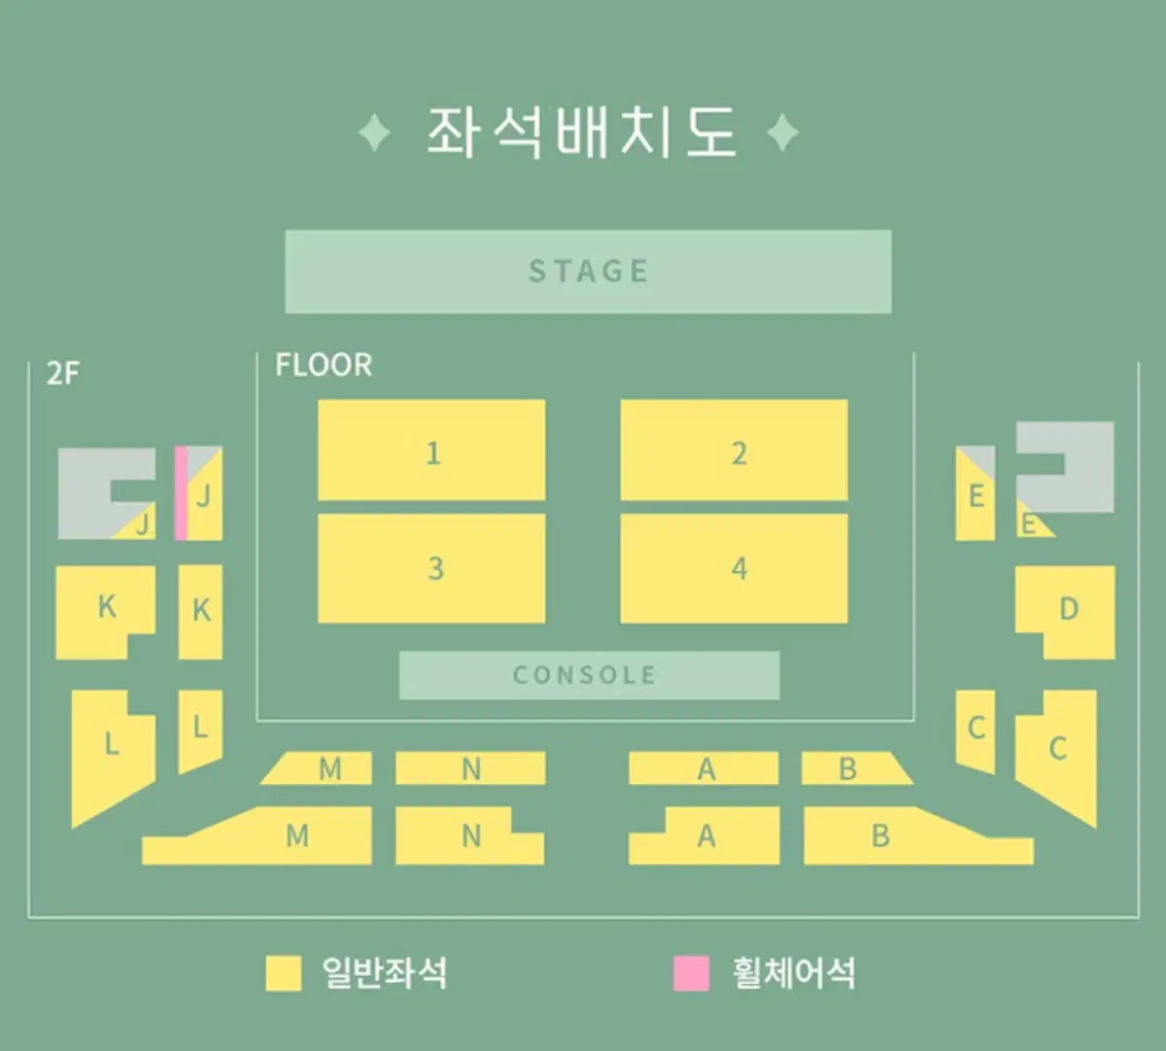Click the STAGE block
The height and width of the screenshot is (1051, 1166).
click(588, 271)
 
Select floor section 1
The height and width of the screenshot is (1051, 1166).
click(431, 450)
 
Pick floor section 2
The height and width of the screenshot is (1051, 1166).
click(735, 450)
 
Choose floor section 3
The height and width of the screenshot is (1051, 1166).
click(431, 568)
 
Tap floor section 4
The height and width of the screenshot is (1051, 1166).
click(735, 568)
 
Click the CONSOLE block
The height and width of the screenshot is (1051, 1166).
click(590, 675)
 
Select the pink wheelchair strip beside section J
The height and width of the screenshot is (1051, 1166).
click(182, 492)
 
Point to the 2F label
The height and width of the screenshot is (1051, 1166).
click(63, 373)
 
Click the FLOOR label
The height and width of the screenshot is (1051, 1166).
click(324, 365)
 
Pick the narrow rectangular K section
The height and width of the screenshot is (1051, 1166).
click(200, 612)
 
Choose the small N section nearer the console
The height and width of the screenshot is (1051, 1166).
click(471, 768)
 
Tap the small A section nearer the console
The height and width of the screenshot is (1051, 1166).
click(703, 768)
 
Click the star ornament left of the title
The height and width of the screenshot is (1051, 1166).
click(375, 133)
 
